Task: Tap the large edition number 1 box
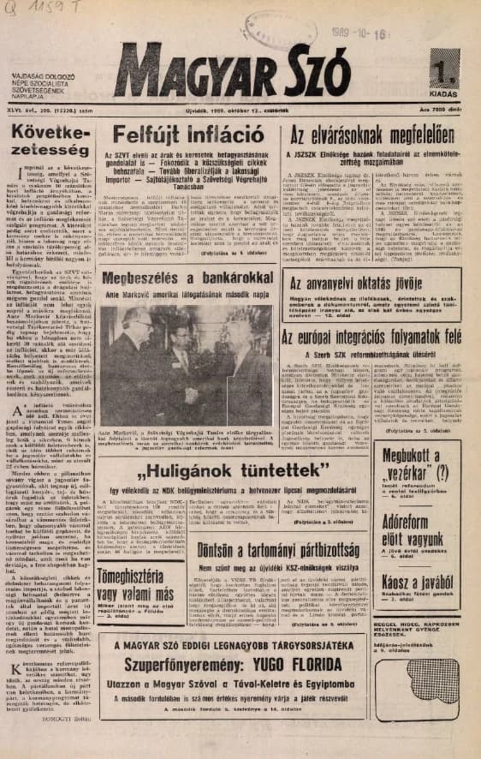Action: click(x=445, y=66)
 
